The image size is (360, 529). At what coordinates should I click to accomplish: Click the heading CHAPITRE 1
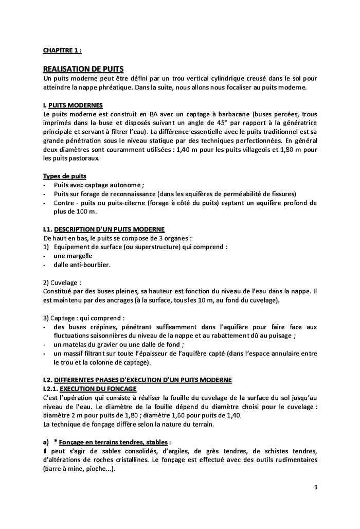[x=62, y=50]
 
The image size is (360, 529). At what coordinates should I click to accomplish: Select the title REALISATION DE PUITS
[x=83, y=69]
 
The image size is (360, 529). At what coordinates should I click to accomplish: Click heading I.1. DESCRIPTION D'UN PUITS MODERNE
[x=110, y=229]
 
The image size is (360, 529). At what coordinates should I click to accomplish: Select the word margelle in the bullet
[x=71, y=256]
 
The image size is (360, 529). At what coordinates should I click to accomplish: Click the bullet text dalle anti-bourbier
[x=82, y=264]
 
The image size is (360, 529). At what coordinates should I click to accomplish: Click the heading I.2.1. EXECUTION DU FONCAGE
[x=89, y=389]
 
